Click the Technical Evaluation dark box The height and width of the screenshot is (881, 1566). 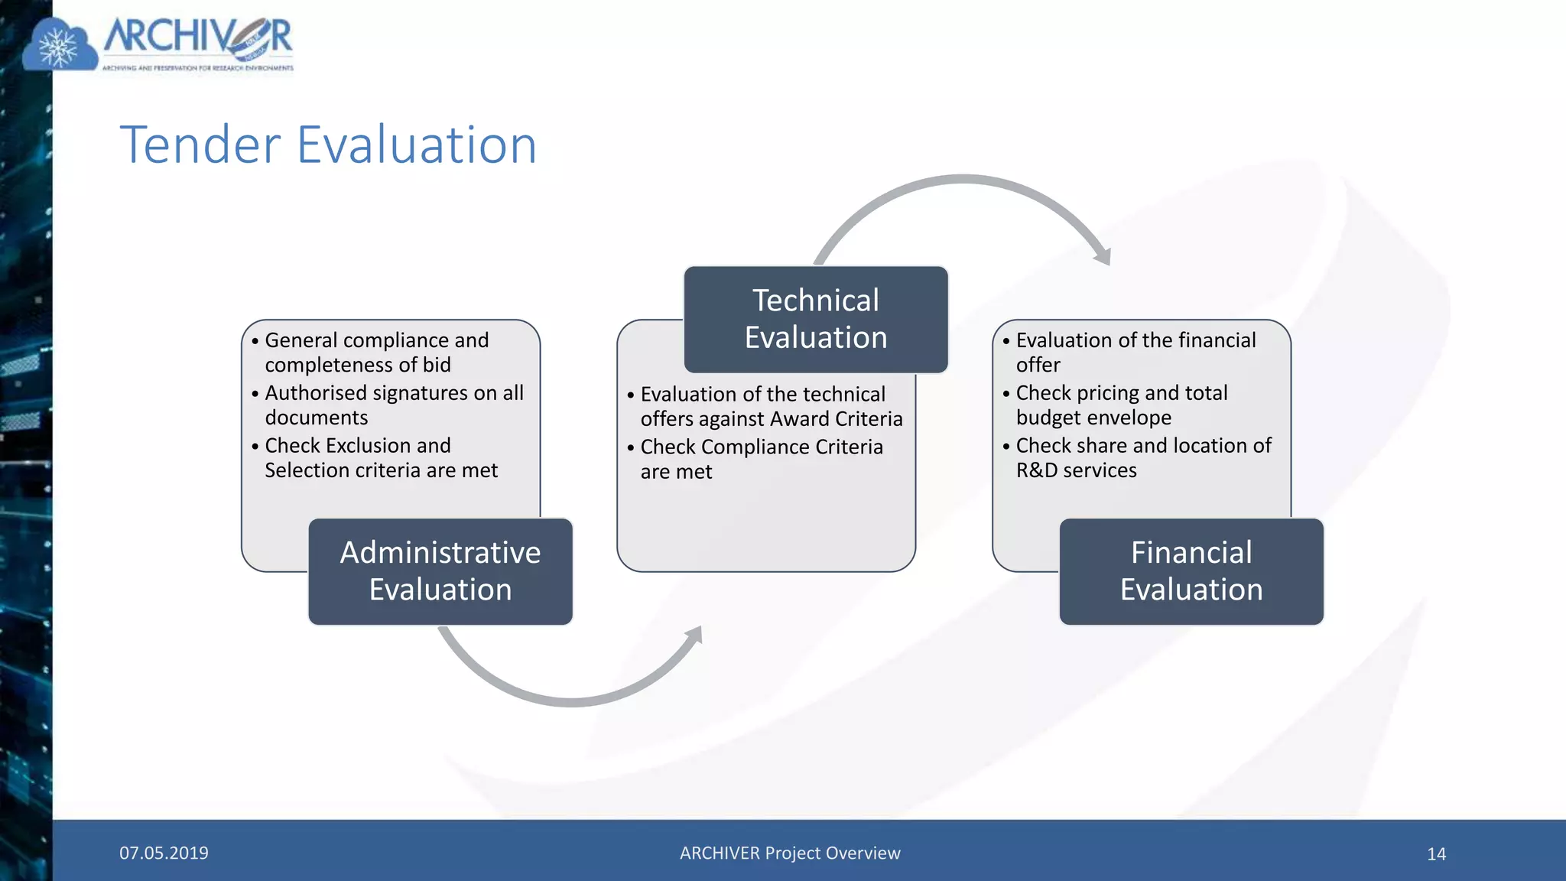coord(816,320)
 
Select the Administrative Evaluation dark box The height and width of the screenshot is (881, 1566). coord(440,571)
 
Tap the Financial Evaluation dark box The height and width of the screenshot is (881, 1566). coord(1191,571)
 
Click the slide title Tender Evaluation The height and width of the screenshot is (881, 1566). coord(329,145)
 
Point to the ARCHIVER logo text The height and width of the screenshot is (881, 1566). coord(198,37)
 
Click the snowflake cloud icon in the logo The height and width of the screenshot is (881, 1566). coord(59,48)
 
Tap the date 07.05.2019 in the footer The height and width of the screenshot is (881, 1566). coord(164,853)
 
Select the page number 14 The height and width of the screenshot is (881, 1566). coord(1436,854)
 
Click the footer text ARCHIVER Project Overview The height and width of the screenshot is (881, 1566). coord(790,853)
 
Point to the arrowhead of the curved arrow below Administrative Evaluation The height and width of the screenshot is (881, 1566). coord(694,634)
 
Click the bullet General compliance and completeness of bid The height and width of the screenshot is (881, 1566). coord(376,353)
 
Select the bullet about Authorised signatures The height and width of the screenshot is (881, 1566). coord(394,405)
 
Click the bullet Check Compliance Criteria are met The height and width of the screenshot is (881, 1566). coord(761,459)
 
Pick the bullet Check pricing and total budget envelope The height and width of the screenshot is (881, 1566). coord(1121,405)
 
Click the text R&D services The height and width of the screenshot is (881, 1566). coord(1076,470)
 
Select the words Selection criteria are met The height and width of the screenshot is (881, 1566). coord(381,470)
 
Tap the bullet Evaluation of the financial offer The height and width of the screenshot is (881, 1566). coord(1136,353)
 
